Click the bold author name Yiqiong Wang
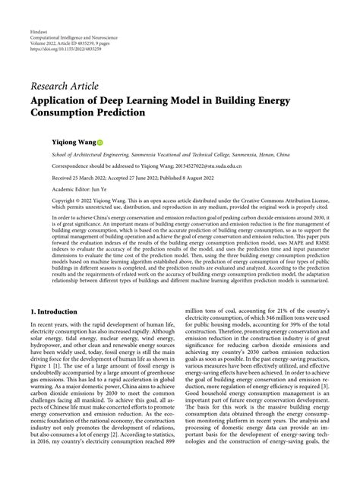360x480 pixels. coord(73,141)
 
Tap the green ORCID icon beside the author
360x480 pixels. coord(99,142)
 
